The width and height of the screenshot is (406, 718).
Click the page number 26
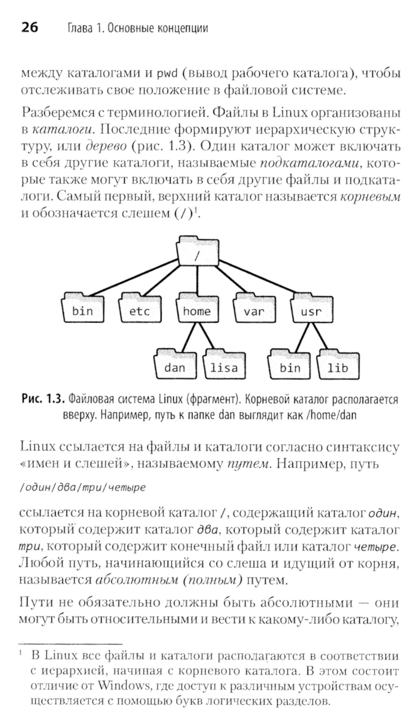[x=29, y=27]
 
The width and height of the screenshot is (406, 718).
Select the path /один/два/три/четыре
[x=82, y=487]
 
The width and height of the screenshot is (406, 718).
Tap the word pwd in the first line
[x=167, y=74]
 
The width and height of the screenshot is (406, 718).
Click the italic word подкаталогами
[x=309, y=163]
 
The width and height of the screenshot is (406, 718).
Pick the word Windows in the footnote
[x=124, y=686]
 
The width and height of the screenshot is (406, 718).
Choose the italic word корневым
[x=370, y=197]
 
